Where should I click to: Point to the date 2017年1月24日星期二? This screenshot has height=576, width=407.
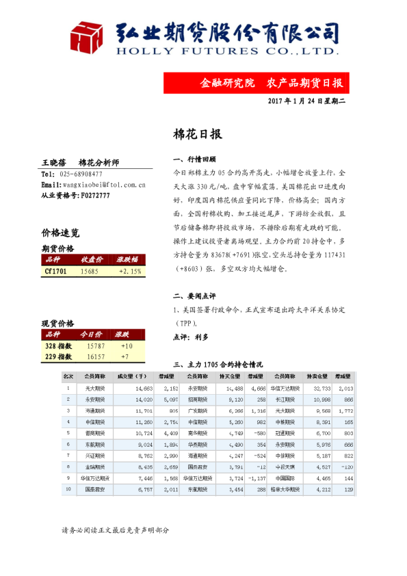307,102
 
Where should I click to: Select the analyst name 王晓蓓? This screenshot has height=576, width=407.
54,163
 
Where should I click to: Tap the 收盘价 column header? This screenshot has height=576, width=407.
92,260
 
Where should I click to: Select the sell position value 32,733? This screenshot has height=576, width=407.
318,388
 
